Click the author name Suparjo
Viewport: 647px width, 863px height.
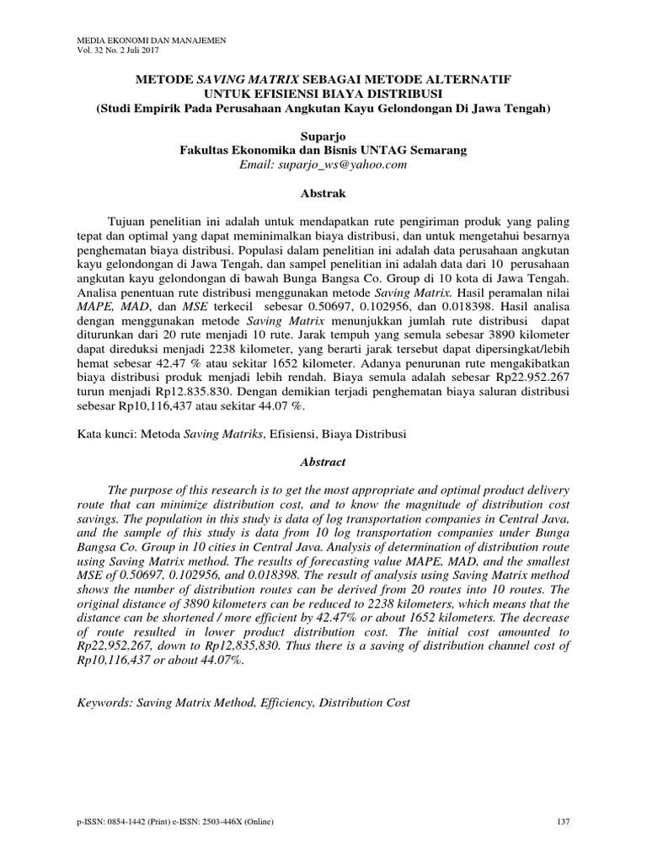point(323,136)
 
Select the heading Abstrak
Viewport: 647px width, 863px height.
point(323,193)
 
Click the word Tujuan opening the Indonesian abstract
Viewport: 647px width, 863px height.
point(129,221)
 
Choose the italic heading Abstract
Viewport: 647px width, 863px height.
point(323,462)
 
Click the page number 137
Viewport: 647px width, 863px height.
point(565,822)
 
